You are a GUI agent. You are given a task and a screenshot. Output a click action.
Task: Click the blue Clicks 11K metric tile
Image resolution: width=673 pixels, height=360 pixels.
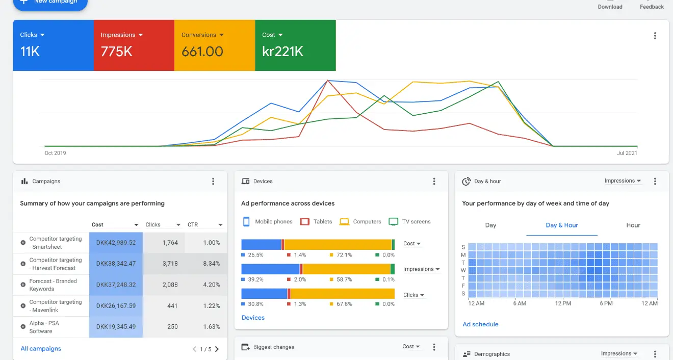point(53,45)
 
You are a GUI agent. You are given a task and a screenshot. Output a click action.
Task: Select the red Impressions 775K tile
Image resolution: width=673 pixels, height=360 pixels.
point(134,45)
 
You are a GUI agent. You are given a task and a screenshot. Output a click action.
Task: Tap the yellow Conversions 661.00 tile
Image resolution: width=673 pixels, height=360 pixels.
point(214,45)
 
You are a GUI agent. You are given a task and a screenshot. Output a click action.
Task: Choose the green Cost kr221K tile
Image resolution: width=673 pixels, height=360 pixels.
point(295,45)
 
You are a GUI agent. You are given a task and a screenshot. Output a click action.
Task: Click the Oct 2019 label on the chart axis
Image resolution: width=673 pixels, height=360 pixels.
point(55,153)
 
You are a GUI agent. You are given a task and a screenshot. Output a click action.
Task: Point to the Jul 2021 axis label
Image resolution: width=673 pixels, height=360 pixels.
point(627,153)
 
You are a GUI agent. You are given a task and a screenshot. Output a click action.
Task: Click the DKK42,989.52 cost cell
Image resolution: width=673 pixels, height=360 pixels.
point(116,243)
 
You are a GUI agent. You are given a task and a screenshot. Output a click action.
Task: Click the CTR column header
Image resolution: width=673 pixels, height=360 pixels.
point(193,224)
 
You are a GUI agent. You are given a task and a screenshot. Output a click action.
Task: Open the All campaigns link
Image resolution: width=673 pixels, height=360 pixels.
point(41,349)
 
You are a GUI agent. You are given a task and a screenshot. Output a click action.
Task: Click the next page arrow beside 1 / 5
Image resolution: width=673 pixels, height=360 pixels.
point(217,349)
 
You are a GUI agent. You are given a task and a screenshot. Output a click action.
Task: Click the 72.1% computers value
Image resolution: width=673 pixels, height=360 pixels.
point(344,255)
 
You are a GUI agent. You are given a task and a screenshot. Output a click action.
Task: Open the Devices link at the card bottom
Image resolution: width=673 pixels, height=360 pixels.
point(253,318)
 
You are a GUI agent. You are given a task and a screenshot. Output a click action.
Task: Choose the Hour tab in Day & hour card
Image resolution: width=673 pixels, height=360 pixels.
point(633,225)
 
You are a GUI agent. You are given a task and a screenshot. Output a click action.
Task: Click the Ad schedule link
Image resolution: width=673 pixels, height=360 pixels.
point(480,324)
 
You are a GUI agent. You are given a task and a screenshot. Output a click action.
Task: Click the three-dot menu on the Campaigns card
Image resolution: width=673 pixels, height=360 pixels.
point(213,182)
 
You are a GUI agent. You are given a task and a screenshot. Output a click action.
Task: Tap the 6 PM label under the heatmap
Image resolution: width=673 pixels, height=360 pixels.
point(606,303)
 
